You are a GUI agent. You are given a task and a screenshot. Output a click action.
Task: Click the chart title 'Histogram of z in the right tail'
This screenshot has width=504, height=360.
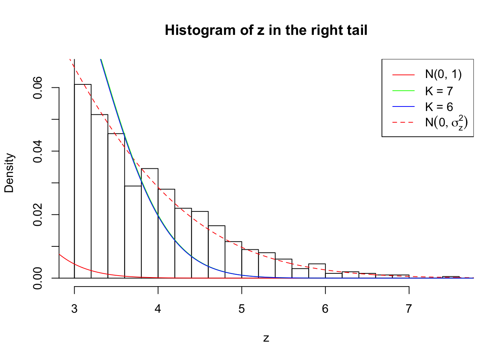pyautogui.click(x=266, y=30)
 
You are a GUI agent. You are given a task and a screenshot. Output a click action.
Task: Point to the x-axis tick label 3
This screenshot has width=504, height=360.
pyautogui.click(x=74, y=309)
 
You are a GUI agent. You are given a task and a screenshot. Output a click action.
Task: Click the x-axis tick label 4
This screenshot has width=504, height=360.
pyautogui.click(x=158, y=309)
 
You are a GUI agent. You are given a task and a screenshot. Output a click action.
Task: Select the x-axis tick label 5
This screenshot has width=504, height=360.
pyautogui.click(x=241, y=309)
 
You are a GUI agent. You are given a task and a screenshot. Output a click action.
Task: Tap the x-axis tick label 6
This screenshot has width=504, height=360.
pyautogui.click(x=325, y=309)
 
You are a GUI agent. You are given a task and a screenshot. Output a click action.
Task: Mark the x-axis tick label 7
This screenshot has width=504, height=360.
pyautogui.click(x=409, y=309)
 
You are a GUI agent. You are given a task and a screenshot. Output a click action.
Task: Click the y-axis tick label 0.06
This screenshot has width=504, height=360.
pyautogui.click(x=37, y=88)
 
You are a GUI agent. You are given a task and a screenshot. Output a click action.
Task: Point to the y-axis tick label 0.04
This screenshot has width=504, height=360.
pyautogui.click(x=37, y=151)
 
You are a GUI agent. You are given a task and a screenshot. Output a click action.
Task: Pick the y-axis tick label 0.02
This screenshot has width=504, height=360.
pyautogui.click(x=37, y=214)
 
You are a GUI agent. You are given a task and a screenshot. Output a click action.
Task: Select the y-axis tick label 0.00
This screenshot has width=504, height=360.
pyautogui.click(x=37, y=278)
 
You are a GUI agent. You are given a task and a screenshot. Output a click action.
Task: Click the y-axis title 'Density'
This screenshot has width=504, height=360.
pyautogui.click(x=9, y=173)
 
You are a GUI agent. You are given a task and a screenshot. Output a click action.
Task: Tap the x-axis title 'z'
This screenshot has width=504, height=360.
pyautogui.click(x=266, y=338)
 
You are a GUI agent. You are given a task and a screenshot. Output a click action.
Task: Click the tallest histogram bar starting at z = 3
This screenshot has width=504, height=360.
pyautogui.click(x=82, y=180)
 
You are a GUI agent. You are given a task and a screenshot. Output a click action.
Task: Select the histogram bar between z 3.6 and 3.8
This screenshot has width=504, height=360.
pyautogui.click(x=133, y=232)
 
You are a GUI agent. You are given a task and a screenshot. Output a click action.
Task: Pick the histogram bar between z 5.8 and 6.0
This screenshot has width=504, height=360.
pyautogui.click(x=317, y=271)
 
